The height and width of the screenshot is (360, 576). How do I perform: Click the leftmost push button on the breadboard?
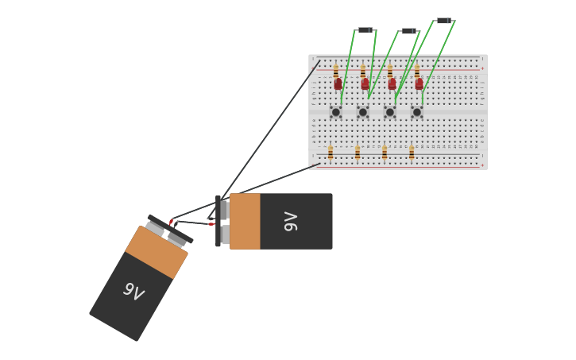click(336, 112)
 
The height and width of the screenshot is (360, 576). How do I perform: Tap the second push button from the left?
click(363, 112)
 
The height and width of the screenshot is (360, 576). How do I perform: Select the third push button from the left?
click(390, 112)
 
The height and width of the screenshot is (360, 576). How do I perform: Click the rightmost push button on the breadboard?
click(417, 112)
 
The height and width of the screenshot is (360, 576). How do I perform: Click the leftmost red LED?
click(338, 83)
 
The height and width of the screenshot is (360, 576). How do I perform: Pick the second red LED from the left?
click(365, 83)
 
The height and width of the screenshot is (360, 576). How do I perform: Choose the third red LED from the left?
click(392, 83)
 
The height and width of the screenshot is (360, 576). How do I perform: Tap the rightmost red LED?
click(419, 83)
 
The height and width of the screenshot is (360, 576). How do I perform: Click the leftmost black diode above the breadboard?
click(365, 30)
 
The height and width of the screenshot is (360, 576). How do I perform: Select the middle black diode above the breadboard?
click(408, 31)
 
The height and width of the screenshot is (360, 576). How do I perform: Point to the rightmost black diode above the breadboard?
click(443, 21)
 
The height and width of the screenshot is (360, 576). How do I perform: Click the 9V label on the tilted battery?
click(133, 292)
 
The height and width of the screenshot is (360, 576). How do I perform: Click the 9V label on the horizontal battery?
click(291, 222)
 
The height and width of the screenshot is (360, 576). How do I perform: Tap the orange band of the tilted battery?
click(157, 253)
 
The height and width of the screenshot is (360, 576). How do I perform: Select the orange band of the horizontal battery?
click(245, 222)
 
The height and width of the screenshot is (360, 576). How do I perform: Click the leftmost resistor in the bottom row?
click(331, 153)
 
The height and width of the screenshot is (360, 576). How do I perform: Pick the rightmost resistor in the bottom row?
click(412, 153)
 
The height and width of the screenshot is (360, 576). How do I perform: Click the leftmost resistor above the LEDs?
click(336, 71)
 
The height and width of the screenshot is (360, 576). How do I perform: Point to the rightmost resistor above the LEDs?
click(417, 71)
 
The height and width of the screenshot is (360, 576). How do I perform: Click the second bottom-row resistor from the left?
click(358, 153)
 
